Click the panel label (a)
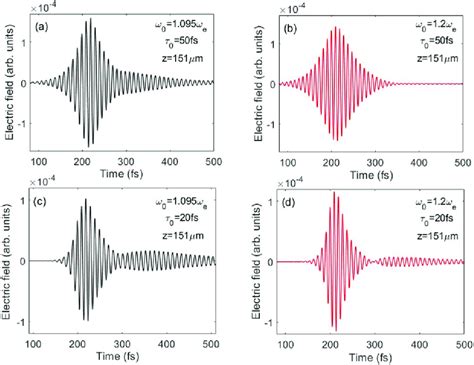coord(48,27)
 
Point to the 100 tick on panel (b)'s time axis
coord(281,162)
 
